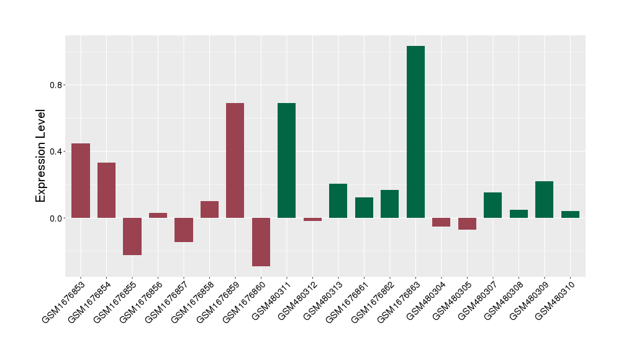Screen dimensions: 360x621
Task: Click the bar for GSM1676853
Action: tap(81, 181)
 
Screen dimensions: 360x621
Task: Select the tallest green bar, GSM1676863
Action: tap(415, 132)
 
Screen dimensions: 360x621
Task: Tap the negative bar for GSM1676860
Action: tap(261, 242)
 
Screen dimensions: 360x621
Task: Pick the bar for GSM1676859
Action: tap(235, 160)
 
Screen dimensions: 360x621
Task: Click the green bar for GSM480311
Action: tap(286, 160)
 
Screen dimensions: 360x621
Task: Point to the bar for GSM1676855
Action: tap(132, 236)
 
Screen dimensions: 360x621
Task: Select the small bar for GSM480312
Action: tap(312, 219)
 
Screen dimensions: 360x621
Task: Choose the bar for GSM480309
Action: tap(544, 199)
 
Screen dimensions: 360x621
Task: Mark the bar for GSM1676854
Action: tap(106, 190)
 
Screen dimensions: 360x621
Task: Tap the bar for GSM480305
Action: tap(467, 224)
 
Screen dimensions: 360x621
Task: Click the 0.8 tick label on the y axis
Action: tap(57, 85)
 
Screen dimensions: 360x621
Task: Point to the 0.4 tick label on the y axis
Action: tap(57, 151)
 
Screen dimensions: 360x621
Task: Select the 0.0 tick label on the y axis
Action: tap(57, 218)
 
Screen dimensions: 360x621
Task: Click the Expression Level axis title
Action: tap(41, 156)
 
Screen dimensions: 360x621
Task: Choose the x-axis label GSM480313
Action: tap(322, 300)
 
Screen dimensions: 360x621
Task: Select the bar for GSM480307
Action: tap(492, 205)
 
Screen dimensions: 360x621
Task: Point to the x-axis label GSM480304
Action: tap(425, 300)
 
